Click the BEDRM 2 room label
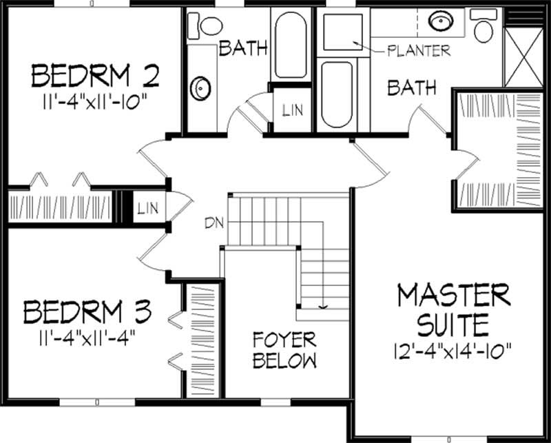coord(95,74)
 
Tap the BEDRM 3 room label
coord(87,311)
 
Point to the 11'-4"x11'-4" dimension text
coord(87,338)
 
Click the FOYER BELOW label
coord(284,350)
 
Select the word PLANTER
coord(419,50)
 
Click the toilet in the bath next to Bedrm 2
coord(206,25)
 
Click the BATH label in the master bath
coord(411,87)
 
